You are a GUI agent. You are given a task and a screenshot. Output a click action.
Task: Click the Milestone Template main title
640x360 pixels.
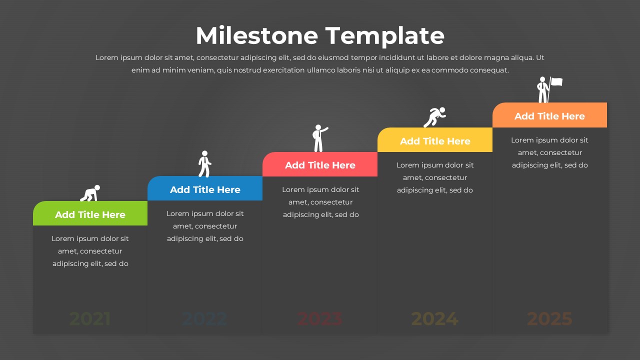coord(320,36)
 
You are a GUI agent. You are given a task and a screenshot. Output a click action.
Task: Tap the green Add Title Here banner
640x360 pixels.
coord(90,214)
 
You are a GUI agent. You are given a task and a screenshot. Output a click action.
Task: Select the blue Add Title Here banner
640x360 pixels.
coord(205,189)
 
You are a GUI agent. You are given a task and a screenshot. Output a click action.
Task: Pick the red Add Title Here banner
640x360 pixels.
coord(320,165)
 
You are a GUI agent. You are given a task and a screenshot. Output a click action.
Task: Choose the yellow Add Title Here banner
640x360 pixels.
coord(435,141)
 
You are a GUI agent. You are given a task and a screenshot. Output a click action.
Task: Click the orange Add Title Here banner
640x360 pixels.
coord(549,116)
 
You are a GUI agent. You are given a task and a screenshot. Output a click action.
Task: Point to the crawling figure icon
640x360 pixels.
coord(90,193)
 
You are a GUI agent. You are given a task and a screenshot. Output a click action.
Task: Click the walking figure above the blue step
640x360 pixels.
coord(204,164)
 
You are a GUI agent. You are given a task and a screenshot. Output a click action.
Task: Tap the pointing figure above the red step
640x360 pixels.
coord(319,138)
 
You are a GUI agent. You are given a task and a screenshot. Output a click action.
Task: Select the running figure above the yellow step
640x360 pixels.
coord(434,117)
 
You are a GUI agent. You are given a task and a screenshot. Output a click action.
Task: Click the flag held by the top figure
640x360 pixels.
coord(556,82)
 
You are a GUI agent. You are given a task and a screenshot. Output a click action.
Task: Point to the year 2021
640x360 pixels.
coord(90,318)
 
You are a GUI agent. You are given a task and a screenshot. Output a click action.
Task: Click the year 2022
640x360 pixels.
coord(205,318)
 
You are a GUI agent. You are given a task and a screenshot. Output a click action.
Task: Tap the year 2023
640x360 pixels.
coord(320,318)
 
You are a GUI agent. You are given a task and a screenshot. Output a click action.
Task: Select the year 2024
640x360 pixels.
coord(435,318)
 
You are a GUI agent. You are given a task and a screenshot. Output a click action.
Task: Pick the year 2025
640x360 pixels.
coord(549,318)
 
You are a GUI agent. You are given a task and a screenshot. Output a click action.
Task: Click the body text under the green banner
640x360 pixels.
coord(90,251)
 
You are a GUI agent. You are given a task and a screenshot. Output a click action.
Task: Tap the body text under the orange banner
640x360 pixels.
coord(549,152)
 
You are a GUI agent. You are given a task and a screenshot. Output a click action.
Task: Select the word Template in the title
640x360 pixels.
coord(385,36)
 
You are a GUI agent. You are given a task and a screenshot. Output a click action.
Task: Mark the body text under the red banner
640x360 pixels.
coord(320,202)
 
